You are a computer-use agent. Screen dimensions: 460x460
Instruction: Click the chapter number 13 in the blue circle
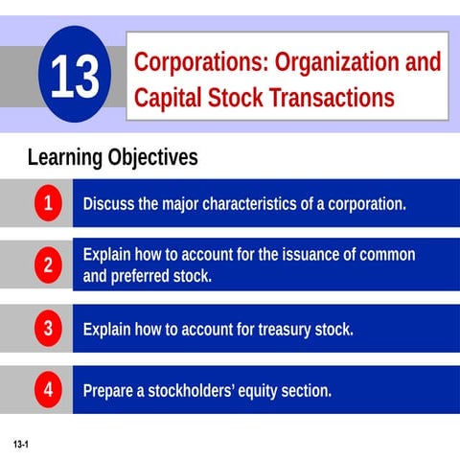coord(74,80)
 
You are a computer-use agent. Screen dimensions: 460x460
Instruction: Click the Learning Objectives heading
coord(112,156)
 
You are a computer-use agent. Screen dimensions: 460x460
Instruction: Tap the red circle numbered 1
coord(47,203)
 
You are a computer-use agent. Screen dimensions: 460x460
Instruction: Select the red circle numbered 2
coord(47,265)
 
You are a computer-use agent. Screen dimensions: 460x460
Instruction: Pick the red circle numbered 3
coord(47,329)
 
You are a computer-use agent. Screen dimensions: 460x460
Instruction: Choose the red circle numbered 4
coord(47,390)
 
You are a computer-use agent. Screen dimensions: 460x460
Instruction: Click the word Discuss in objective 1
coord(110,204)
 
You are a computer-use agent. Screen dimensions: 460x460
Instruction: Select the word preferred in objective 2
coord(147,277)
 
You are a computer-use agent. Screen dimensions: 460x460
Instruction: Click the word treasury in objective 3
coord(265,330)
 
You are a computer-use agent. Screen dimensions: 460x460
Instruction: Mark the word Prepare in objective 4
coord(112,391)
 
